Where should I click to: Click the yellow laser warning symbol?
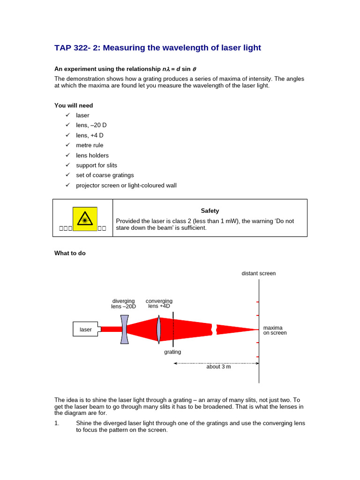pyautogui.click(x=85, y=219)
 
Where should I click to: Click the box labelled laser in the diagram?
pyautogui.click(x=86, y=330)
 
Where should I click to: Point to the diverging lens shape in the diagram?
pyautogui.click(x=124, y=329)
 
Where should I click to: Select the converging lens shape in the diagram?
pyautogui.click(x=159, y=329)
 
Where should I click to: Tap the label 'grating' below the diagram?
pyautogui.click(x=172, y=352)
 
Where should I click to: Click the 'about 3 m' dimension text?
pyautogui.click(x=218, y=367)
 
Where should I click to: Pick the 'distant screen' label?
pyautogui.click(x=259, y=273)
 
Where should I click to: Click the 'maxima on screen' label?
pyautogui.click(x=275, y=330)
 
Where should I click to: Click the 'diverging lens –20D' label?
pyautogui.click(x=123, y=304)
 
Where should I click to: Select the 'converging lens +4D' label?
pyautogui.click(x=159, y=303)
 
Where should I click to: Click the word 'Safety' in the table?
pyautogui.click(x=210, y=211)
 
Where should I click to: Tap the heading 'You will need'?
pyautogui.click(x=74, y=105)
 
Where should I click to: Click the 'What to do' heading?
pyautogui.click(x=70, y=253)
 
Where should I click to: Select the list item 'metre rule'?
pyautogui.click(x=90, y=145)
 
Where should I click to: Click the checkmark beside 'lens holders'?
pyautogui.click(x=67, y=155)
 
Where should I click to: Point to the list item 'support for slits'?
pyautogui.click(x=97, y=165)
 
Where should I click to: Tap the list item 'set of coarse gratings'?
pyautogui.click(x=105, y=175)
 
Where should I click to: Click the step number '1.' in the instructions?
pyautogui.click(x=57, y=423)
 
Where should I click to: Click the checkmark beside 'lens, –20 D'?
pyautogui.click(x=67, y=125)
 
